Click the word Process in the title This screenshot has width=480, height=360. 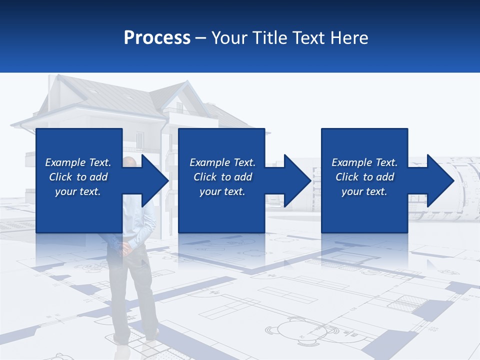tap(157, 38)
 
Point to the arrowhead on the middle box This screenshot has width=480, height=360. tap(297, 180)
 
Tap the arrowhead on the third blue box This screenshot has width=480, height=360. tap(440, 180)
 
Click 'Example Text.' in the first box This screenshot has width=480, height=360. tap(78, 162)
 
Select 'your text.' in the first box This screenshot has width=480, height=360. tap(78, 191)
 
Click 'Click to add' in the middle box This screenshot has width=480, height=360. tap(222, 177)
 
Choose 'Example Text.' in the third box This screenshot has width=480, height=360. tap(364, 162)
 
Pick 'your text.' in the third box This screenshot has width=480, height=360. tap(364, 191)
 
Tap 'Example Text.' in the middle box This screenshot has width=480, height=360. tap(222, 162)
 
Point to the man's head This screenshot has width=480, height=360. tap(129, 163)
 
